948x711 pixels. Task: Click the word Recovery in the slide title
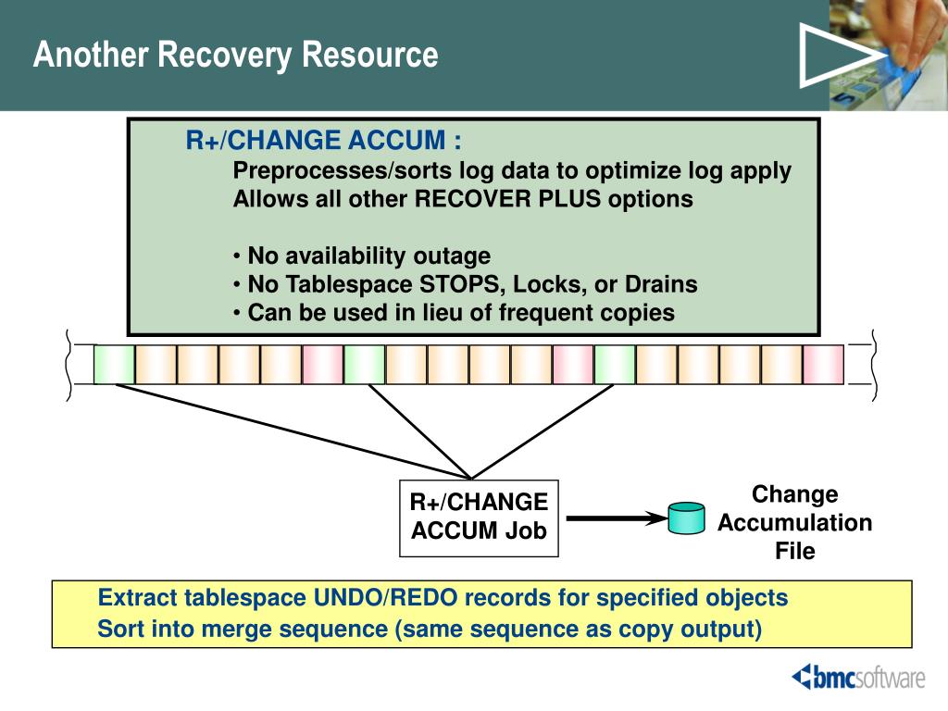pos(225,55)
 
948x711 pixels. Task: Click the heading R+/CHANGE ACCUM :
pos(323,141)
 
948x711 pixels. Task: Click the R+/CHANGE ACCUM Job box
pos(479,518)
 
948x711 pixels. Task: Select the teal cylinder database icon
pos(686,518)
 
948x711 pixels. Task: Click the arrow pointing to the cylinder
pos(617,518)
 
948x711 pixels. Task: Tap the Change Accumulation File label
pos(794,522)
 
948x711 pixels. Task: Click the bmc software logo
pos(858,677)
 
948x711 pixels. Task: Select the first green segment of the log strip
pos(114,365)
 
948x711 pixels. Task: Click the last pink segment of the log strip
pos(823,365)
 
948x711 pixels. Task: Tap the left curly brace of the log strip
pos(69,365)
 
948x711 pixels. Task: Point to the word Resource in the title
pos(370,55)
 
